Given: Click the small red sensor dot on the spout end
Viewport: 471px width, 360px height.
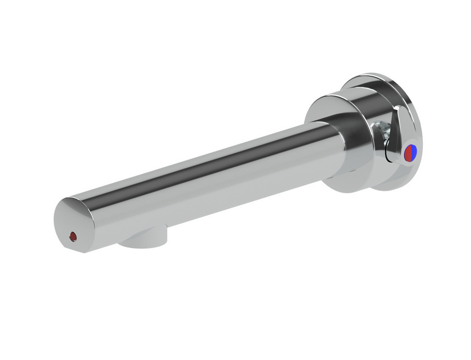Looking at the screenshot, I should tap(73, 237).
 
